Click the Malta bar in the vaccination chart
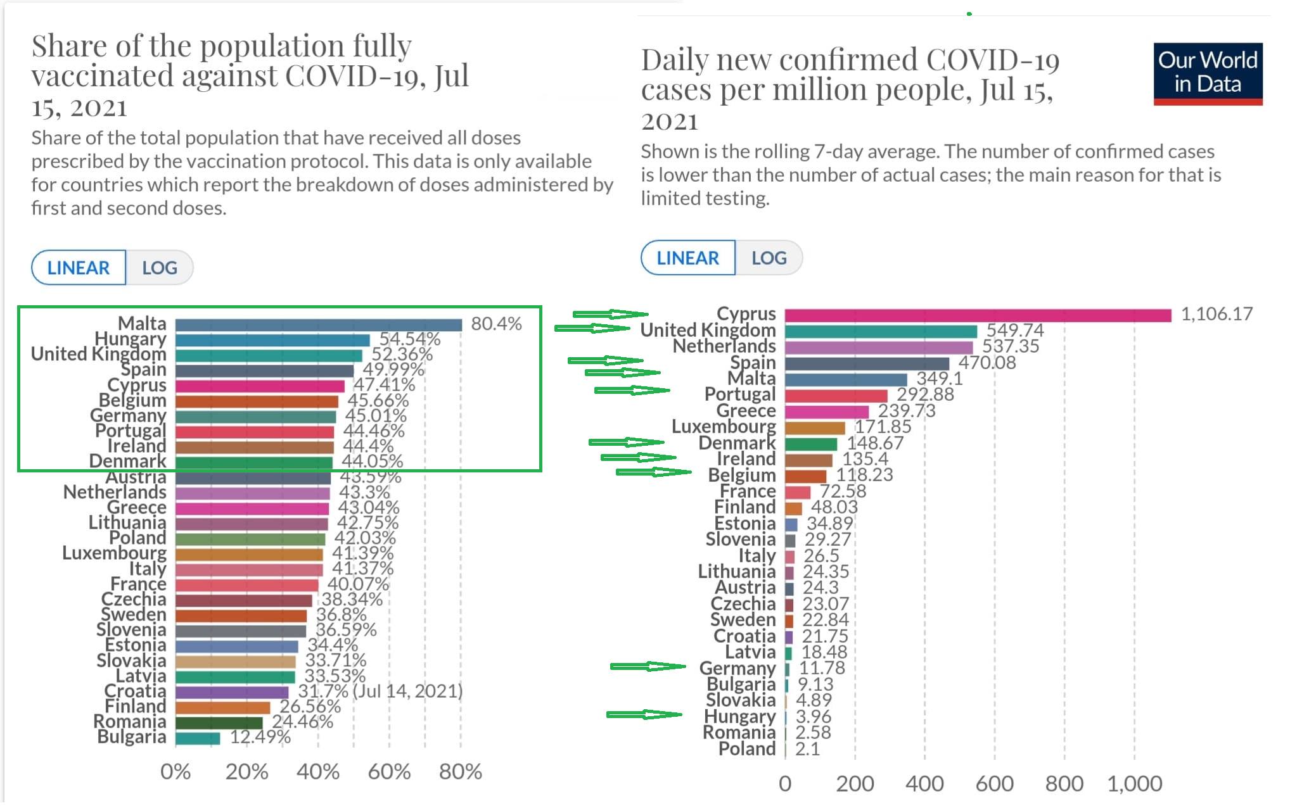(x=319, y=325)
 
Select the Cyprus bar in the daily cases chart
(x=978, y=315)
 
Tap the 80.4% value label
(x=496, y=324)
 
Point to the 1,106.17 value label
(x=1217, y=314)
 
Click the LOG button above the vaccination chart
(x=160, y=268)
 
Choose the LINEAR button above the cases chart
(x=688, y=258)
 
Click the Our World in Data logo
(x=1208, y=73)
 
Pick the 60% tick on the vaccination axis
(x=389, y=772)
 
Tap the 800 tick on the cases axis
(x=1064, y=784)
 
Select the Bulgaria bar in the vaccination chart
(x=198, y=738)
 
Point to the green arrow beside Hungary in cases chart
(x=644, y=715)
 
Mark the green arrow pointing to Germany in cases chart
(x=648, y=666)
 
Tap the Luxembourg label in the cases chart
(x=724, y=427)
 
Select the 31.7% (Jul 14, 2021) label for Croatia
(x=380, y=691)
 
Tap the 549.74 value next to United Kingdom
(x=1015, y=331)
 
